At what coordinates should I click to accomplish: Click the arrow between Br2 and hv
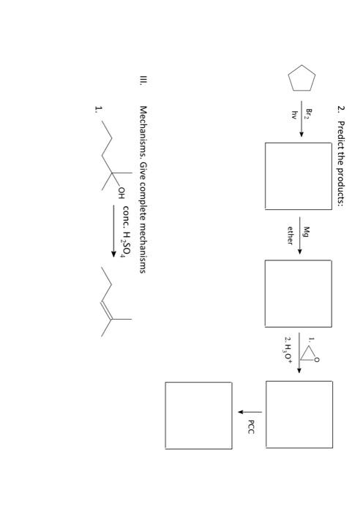[302, 118]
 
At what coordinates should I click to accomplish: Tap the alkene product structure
[110, 298]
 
